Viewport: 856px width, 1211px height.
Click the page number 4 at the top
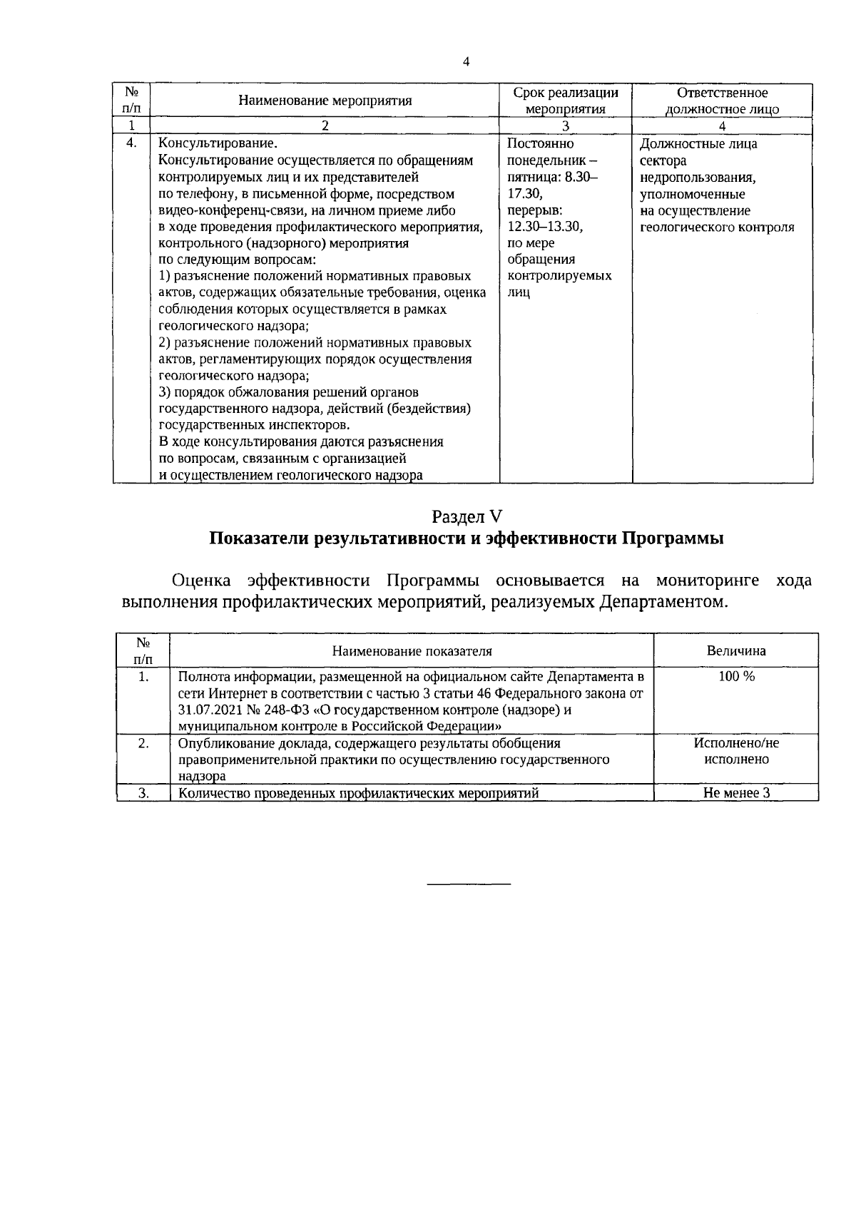point(466,62)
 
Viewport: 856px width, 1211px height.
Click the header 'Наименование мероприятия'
point(325,101)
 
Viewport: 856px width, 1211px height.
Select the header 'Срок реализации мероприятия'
point(566,101)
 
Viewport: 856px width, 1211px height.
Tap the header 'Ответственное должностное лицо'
point(722,101)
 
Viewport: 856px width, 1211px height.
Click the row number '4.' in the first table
point(131,143)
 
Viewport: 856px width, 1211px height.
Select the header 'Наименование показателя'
point(412,651)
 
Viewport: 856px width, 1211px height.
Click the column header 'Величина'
point(735,651)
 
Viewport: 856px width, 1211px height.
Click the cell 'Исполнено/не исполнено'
point(735,751)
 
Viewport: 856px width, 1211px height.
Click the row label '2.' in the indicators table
point(143,743)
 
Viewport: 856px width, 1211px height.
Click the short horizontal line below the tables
point(469,885)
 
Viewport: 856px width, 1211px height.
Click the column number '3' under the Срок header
point(566,126)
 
